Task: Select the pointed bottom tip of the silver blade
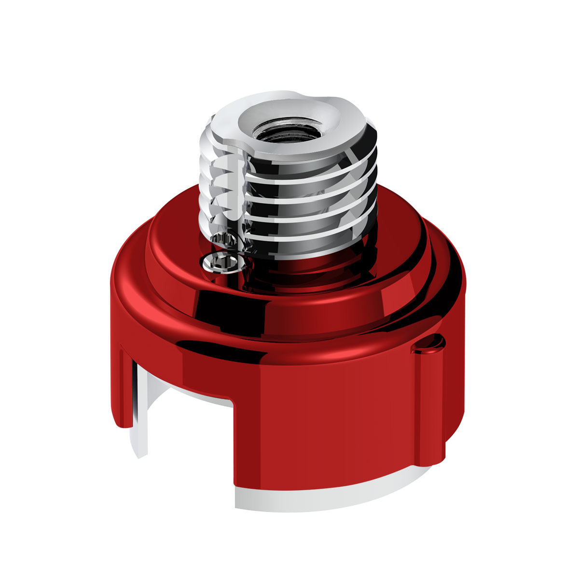140,456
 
